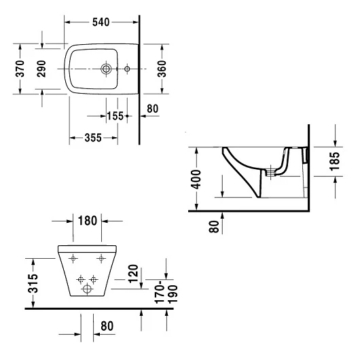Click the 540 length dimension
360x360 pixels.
coord(101,22)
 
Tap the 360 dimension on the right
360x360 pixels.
coord(162,69)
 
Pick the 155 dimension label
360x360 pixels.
coord(115,115)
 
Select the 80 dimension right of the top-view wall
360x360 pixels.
coord(152,107)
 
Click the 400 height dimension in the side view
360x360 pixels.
coord(196,179)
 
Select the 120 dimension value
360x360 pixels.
coord(133,274)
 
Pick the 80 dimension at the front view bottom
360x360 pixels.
coord(107,326)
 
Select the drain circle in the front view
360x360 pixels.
coord(87,289)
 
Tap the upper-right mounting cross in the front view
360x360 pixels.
coord(102,258)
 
